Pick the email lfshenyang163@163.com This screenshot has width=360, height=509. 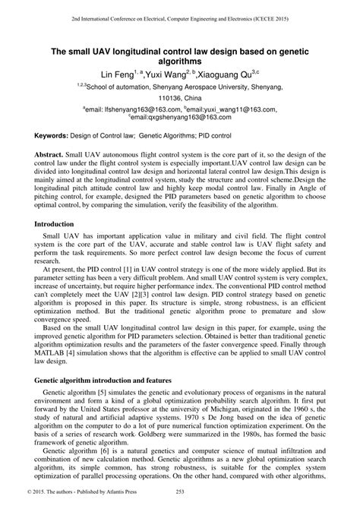[x=127, y=109]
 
